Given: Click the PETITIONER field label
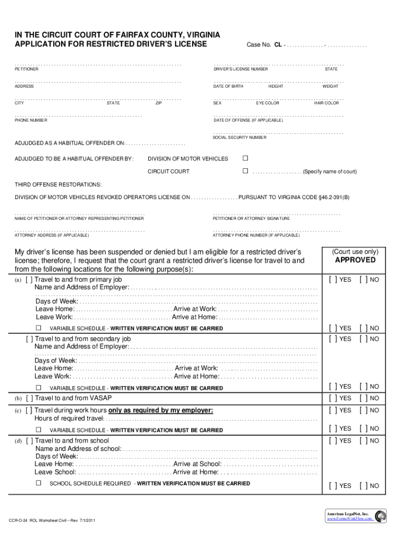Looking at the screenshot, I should point(27,69).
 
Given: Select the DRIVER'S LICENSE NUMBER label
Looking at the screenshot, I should point(241,69).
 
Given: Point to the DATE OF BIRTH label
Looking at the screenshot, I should point(228,86).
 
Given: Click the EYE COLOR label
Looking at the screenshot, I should point(267,103).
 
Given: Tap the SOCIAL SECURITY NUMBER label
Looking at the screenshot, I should point(240,137).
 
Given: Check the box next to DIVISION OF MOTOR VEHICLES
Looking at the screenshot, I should point(245,158).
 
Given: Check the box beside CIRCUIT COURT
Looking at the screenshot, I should point(245,171).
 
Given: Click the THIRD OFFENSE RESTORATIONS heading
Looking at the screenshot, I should point(58,185).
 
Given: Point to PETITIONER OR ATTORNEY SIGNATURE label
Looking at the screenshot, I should point(252,218).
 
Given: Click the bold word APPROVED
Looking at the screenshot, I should point(355,260).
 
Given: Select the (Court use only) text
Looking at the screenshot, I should point(355,251).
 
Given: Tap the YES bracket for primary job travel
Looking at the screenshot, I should point(333,280).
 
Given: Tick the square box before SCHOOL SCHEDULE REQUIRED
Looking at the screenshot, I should point(38,483).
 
